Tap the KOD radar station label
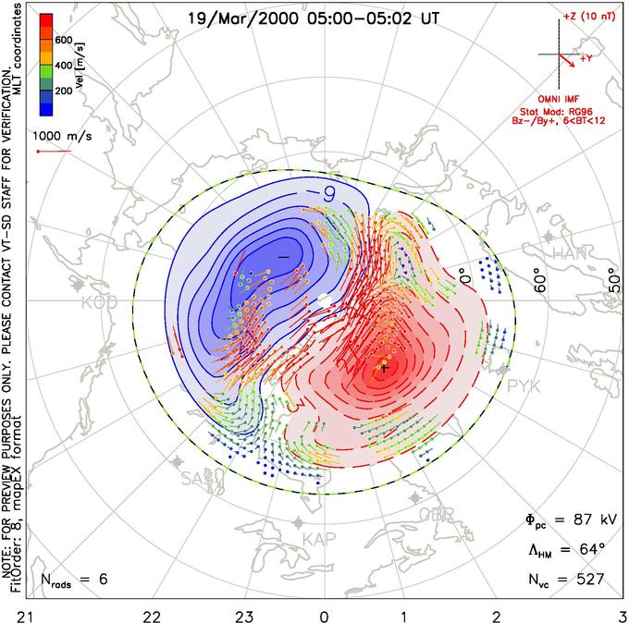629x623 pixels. [99, 302]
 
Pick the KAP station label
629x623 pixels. [318, 540]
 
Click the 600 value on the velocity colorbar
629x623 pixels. [64, 39]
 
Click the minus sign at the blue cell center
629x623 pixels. [283, 254]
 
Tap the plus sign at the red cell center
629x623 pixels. [383, 367]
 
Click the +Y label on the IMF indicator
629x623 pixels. [586, 58]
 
